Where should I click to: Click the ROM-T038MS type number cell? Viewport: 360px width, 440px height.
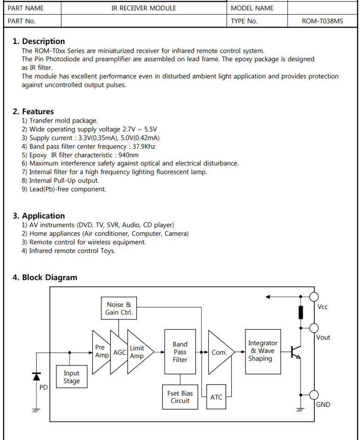click(322, 21)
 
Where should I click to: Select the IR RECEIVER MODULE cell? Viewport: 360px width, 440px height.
click(143, 8)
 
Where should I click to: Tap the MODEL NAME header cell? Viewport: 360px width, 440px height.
click(252, 8)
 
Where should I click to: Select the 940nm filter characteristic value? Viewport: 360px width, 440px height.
click(128, 155)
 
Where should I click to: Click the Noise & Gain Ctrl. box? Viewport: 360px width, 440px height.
click(119, 308)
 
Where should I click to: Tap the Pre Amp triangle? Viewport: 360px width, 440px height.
click(101, 352)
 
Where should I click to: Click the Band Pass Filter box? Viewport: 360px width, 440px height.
click(180, 352)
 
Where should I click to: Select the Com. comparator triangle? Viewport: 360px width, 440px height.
click(219, 352)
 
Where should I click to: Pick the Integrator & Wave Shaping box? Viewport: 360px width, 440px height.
click(262, 351)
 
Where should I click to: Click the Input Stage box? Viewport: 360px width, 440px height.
click(71, 377)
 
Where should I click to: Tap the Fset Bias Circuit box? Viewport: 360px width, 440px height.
click(180, 397)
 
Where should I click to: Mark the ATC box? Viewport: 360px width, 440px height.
click(216, 397)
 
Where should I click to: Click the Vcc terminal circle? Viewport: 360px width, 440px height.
click(314, 297)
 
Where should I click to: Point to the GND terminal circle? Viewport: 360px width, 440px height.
click(314, 395)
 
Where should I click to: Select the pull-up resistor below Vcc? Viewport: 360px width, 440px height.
click(301, 312)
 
